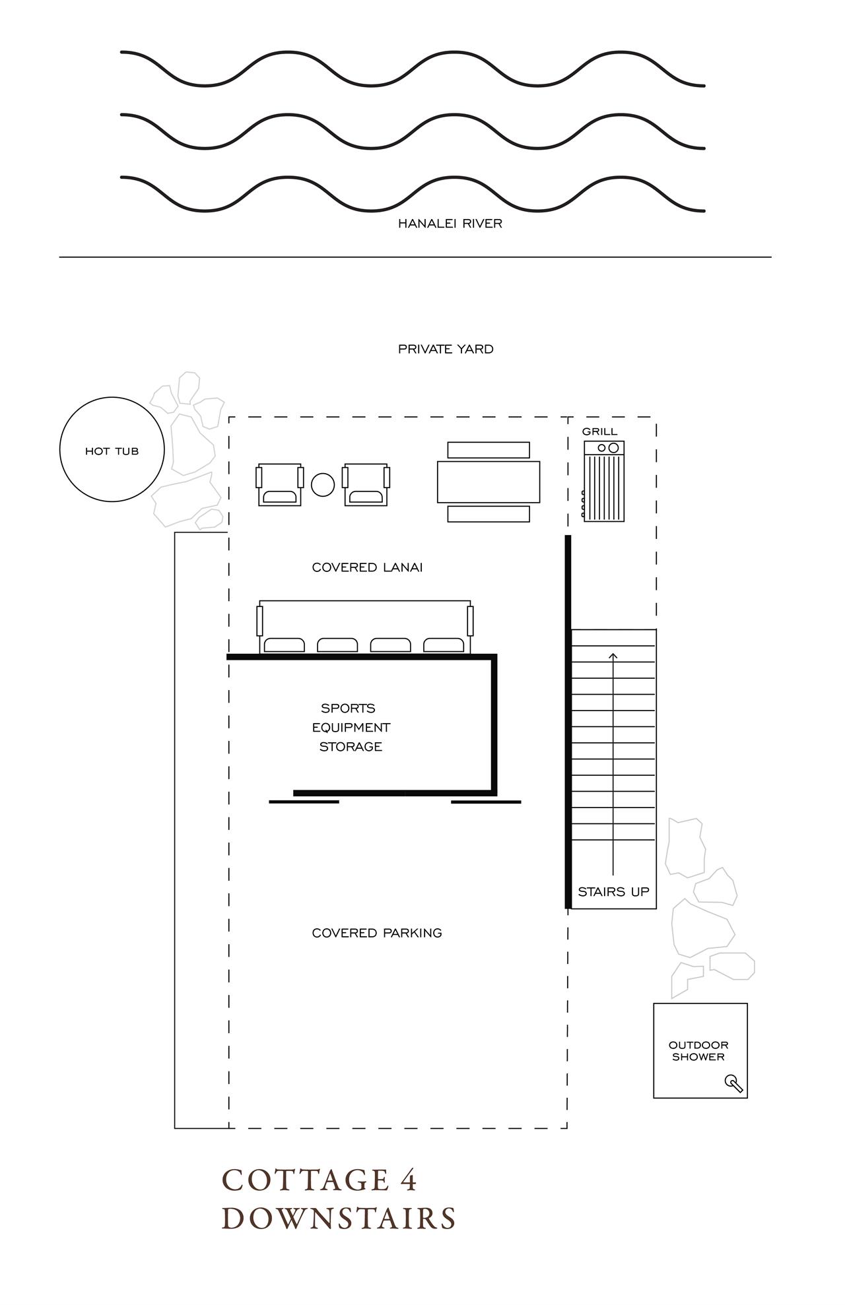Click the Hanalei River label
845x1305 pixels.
point(450,224)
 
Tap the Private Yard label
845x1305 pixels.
point(446,349)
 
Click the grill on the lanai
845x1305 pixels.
point(603,481)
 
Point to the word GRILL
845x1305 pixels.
point(599,431)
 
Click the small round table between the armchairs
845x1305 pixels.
point(323,485)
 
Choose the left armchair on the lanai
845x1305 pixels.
point(280,484)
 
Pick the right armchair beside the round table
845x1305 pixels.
point(366,484)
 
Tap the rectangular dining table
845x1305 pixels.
point(489,482)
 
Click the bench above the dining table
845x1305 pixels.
point(489,450)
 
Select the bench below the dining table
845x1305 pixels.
point(489,514)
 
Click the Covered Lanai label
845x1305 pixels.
point(367,567)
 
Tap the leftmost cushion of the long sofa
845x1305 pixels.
point(285,645)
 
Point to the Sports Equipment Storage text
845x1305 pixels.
point(351,727)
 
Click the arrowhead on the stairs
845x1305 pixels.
point(613,656)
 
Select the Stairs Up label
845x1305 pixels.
point(613,892)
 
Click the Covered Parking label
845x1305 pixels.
point(377,933)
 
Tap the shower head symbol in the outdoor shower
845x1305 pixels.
point(734,1083)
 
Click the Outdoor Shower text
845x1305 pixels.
point(698,1051)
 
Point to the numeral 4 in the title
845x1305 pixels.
point(409,1180)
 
